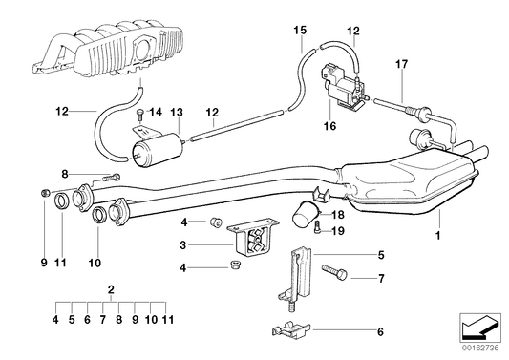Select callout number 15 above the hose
point(301,31)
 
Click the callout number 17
point(401,64)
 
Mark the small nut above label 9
point(45,194)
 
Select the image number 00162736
point(483,351)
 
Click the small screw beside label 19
point(316,227)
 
